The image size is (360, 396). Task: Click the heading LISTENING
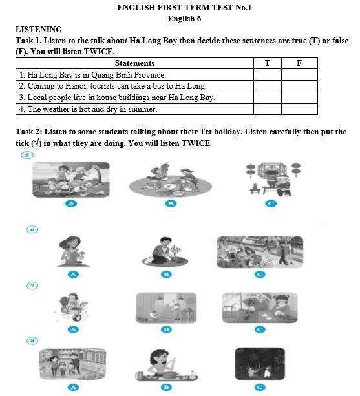pyautogui.click(x=39, y=30)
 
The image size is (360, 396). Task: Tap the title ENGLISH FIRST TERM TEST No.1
pyautogui.click(x=184, y=8)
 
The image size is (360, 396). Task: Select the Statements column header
pyautogui.click(x=134, y=63)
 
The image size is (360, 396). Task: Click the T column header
pyautogui.click(x=267, y=63)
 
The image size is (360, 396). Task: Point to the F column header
pyautogui.click(x=298, y=63)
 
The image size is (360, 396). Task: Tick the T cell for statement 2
pyautogui.click(x=267, y=86)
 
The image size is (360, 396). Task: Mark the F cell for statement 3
pyautogui.click(x=298, y=98)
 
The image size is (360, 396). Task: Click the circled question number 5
pyautogui.click(x=26, y=156)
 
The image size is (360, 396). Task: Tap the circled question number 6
pyautogui.click(x=26, y=229)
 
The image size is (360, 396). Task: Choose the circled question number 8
pyautogui.click(x=26, y=340)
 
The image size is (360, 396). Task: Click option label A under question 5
pyautogui.click(x=72, y=203)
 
